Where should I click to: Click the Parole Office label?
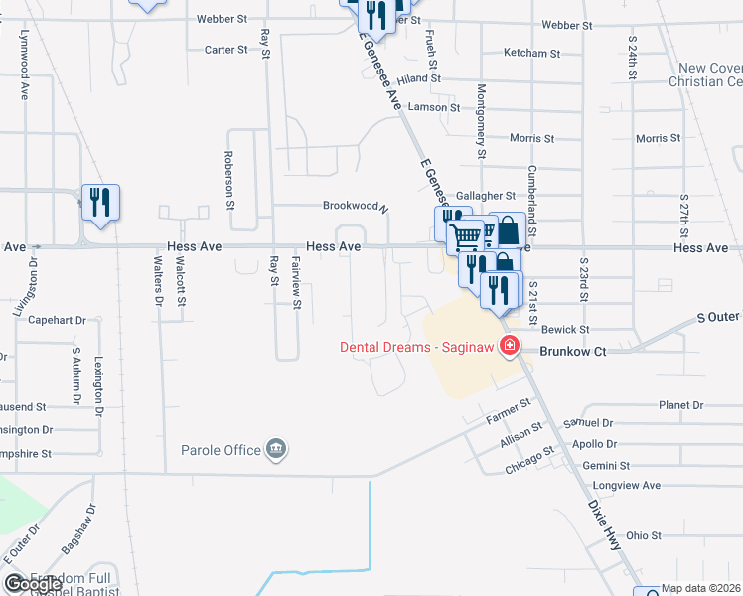click(220, 450)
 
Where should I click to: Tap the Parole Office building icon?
click(276, 451)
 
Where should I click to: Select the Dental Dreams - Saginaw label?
click(418, 347)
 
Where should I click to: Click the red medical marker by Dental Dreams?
click(510, 346)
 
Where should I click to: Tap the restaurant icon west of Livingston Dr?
click(99, 203)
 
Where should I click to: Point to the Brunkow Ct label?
click(572, 351)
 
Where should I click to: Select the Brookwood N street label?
click(355, 206)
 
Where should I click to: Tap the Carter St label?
click(225, 50)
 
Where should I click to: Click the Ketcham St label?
click(532, 53)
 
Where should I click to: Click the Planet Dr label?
click(680, 405)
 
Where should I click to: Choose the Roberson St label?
click(228, 179)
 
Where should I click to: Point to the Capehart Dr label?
click(58, 320)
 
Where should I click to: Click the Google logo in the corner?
click(17, 584)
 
